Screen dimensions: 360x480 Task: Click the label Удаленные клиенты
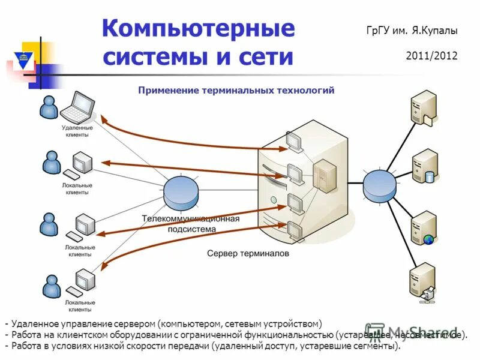(77, 131)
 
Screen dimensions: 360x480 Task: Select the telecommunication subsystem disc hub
(181, 191)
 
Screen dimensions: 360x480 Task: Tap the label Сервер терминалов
(248, 254)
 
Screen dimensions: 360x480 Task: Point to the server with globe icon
(424, 227)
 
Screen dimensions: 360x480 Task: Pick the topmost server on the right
(423, 107)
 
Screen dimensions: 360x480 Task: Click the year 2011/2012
(431, 56)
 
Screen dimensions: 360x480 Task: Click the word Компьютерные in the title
(198, 28)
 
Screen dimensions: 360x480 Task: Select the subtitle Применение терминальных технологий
(236, 90)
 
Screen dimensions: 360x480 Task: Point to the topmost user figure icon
(48, 107)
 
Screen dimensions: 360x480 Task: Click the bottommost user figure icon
(51, 286)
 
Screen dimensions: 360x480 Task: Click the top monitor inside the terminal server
(294, 142)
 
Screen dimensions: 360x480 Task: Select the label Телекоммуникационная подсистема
(190, 223)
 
